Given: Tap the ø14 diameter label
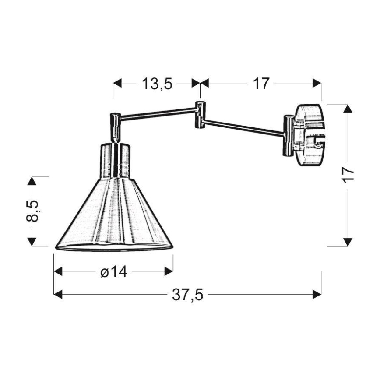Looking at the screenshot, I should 113,272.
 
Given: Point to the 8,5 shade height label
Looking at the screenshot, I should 32,211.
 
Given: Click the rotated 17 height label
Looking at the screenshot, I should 348,175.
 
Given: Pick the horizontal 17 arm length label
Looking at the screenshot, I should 261,83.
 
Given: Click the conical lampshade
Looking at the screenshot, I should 114,215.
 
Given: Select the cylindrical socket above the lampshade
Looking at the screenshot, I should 116,160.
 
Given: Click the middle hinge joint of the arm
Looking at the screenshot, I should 199,115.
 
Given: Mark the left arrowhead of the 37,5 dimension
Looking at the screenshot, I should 58,295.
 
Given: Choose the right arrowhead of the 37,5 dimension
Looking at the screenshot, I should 317,295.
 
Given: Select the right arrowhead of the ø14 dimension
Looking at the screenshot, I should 169,272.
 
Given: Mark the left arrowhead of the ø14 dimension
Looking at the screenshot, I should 58,272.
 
